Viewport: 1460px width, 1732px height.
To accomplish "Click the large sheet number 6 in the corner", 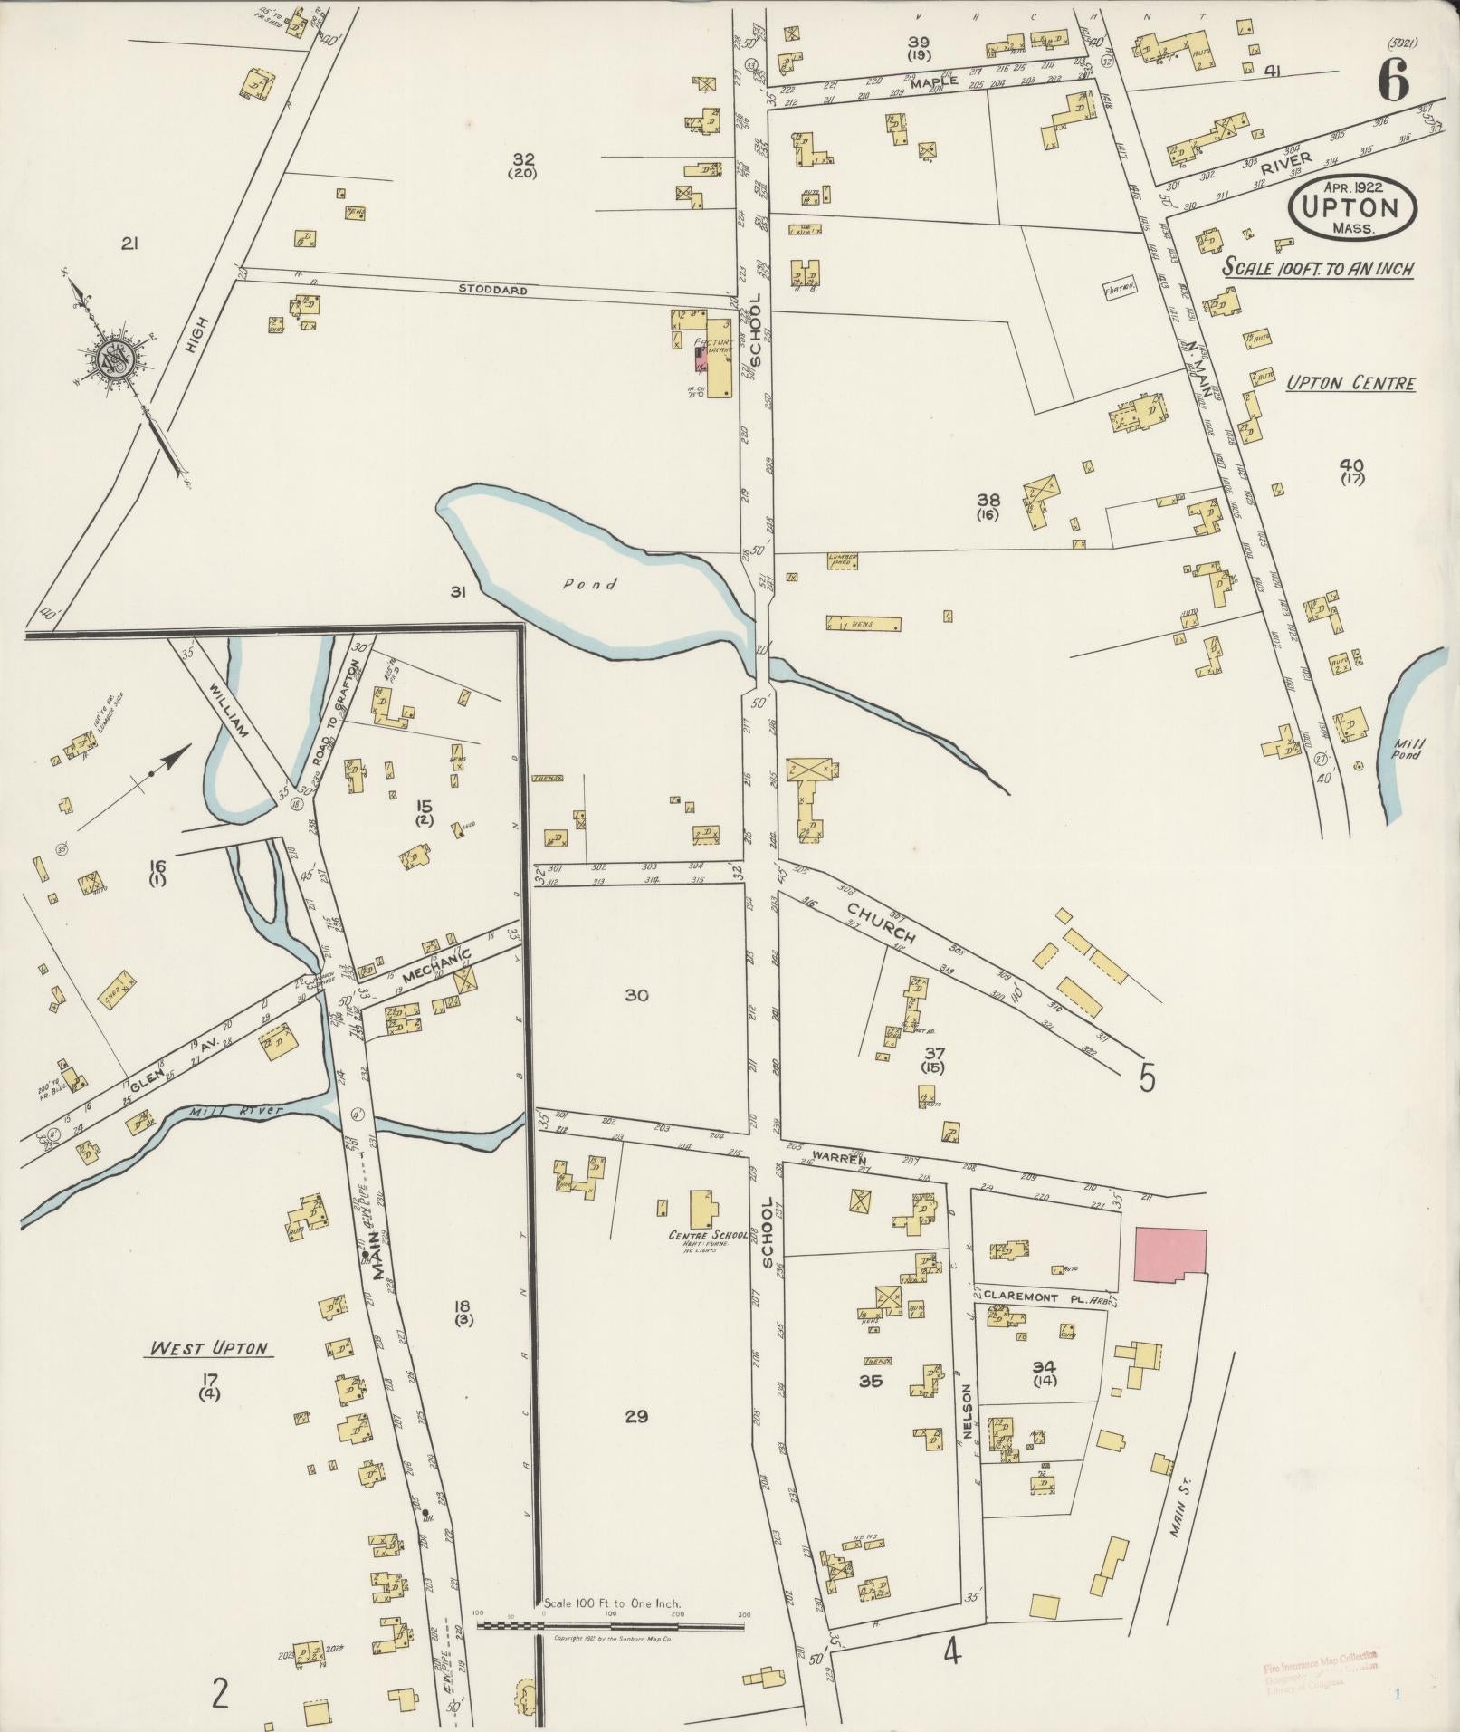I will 1393,83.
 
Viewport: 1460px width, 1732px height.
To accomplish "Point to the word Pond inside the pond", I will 590,584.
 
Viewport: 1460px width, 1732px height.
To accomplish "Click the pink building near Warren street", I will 1169,1254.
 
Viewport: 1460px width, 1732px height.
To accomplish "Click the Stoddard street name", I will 491,291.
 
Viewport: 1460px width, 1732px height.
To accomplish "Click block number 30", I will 637,995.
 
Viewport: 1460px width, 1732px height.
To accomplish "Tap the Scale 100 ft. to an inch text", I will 1318,269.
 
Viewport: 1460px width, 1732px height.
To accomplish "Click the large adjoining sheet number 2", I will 218,1691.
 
